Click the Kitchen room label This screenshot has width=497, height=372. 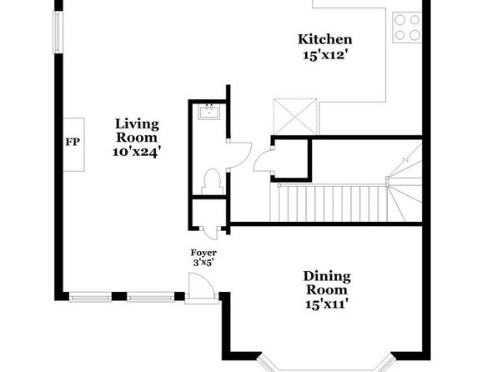point(325,40)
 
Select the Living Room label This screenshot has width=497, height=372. point(137,131)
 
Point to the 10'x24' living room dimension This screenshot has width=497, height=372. point(135,153)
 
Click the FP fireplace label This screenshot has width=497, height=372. point(73,142)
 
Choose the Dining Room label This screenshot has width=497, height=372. point(327,283)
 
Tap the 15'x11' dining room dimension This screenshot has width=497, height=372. point(327,304)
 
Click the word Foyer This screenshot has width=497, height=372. point(203,253)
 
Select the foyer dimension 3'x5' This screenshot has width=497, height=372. point(203,263)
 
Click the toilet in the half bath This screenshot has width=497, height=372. point(213,181)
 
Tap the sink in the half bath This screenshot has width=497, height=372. point(209,111)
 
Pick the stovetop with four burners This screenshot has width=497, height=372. point(407,28)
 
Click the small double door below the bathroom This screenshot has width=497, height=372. point(209,233)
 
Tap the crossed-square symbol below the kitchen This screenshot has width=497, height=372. point(295,117)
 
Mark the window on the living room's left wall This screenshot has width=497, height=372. point(57,33)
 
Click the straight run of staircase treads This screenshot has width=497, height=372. point(329,203)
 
